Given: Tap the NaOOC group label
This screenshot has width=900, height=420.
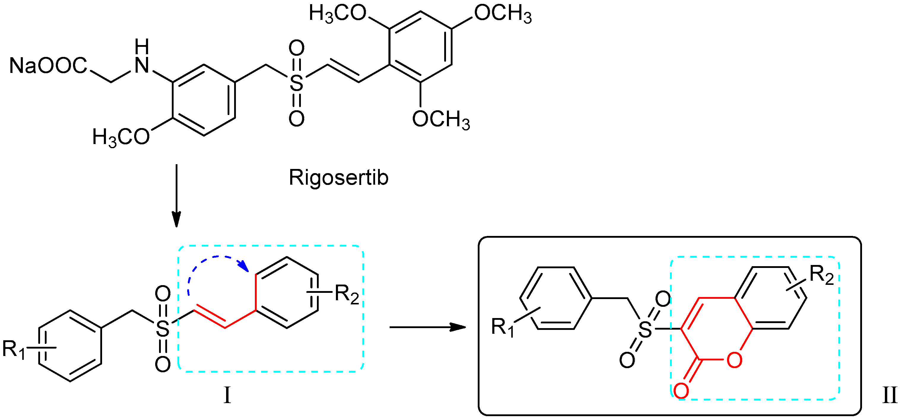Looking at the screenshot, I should click(x=48, y=65).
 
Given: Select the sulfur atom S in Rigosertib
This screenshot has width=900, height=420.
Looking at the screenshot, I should click(x=296, y=83).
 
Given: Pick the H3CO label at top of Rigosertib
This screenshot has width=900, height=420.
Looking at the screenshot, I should click(x=337, y=14).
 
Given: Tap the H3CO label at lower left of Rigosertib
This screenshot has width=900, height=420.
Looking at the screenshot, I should click(x=121, y=137).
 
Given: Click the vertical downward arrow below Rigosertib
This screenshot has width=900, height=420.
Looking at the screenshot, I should click(x=177, y=196).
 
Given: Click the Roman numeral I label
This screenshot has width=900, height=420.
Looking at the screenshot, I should click(x=227, y=396).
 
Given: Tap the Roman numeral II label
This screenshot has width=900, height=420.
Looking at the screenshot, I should click(x=889, y=396).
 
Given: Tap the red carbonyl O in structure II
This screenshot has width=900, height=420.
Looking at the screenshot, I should click(x=681, y=390).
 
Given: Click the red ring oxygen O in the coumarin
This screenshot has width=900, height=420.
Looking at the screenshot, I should click(x=734, y=360).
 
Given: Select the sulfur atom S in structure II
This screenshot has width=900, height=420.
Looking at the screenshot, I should click(x=645, y=329).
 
